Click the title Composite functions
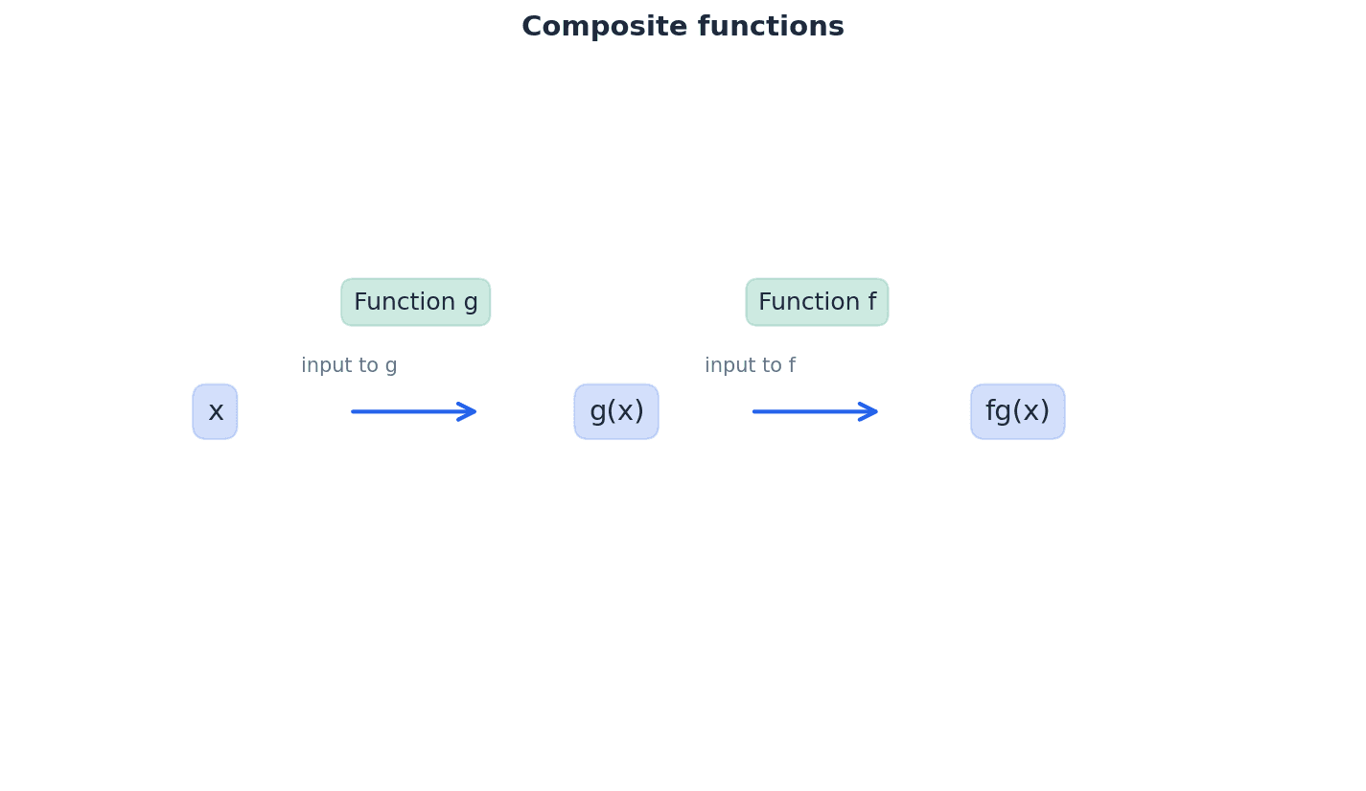point(683,27)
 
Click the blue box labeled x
point(215,412)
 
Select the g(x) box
point(616,412)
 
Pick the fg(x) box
point(1017,412)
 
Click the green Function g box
point(415,303)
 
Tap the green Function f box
point(817,303)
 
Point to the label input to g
point(349,366)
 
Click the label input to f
point(750,366)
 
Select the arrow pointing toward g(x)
point(412,412)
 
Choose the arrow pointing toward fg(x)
point(814,412)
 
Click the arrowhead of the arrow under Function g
point(470,412)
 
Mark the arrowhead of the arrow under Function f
point(871,412)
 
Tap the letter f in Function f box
point(871,303)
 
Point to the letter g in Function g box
point(471,305)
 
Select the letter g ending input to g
point(391,368)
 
